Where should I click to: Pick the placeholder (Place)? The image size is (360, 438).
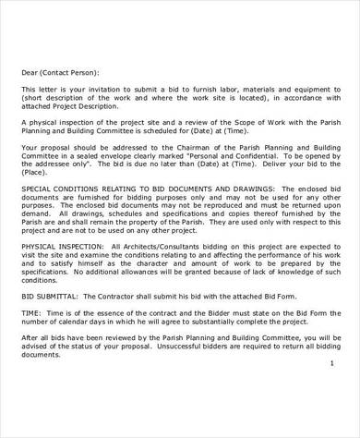point(36,172)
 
